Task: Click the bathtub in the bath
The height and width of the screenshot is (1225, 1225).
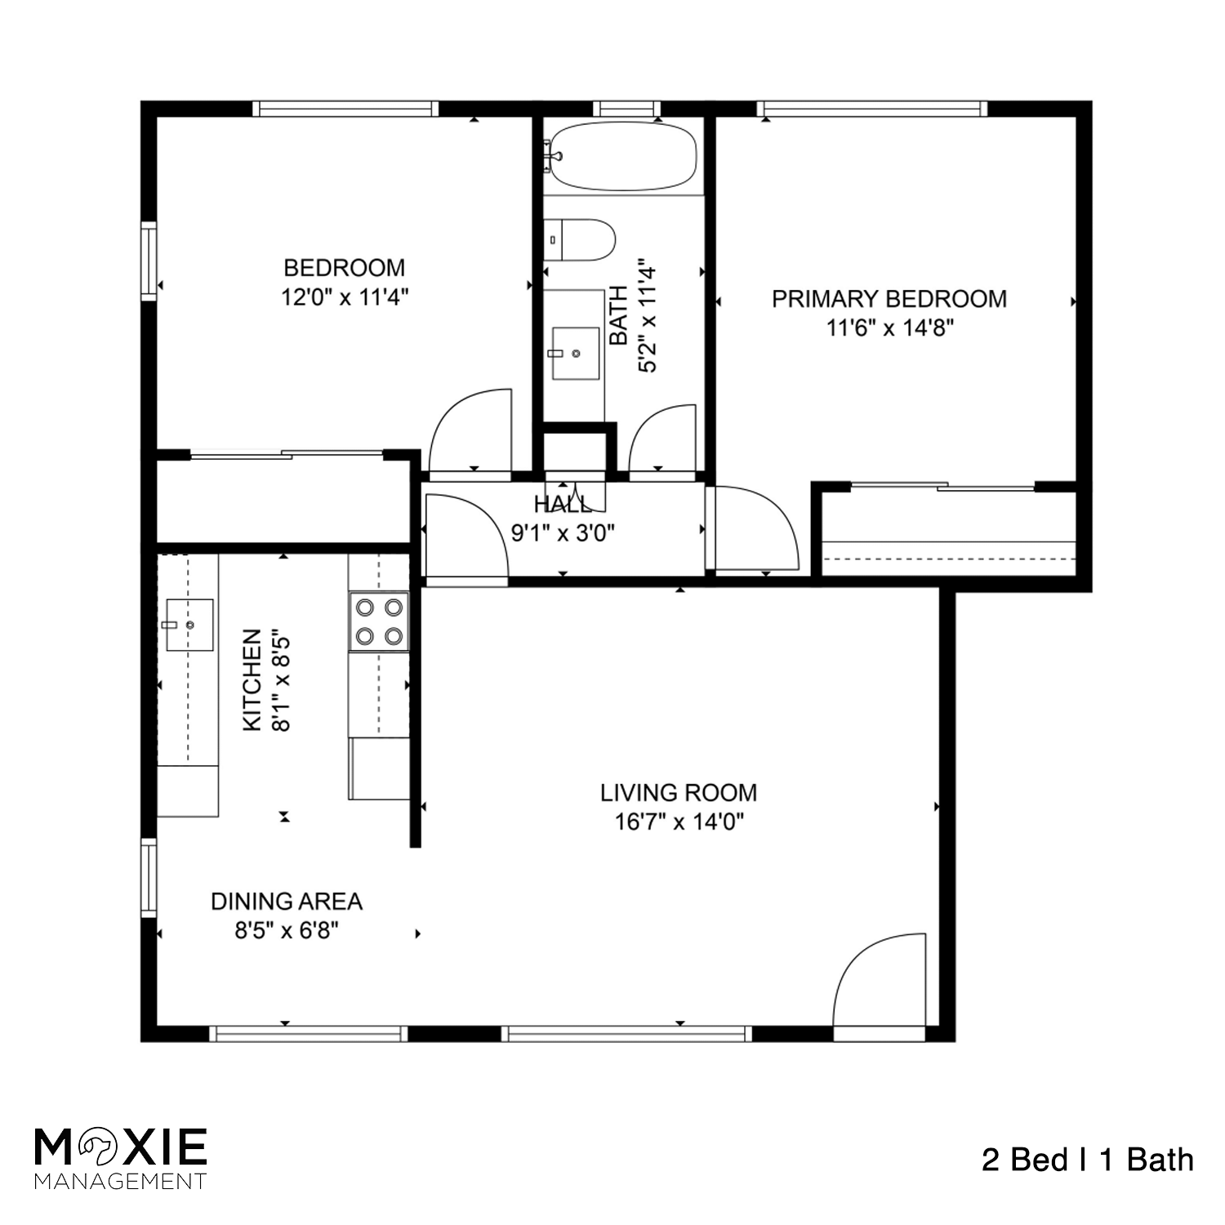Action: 623,156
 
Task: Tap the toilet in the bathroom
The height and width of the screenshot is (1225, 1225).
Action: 579,239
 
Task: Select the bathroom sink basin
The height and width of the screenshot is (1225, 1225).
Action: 576,354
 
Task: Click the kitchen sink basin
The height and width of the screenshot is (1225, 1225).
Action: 189,625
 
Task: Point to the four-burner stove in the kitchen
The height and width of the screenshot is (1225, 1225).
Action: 379,621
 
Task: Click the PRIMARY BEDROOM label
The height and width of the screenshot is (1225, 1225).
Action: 889,299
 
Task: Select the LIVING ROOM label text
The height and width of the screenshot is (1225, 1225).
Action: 679,793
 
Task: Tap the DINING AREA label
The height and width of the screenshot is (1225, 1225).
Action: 287,902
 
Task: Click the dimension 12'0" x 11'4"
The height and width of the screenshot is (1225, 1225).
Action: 345,297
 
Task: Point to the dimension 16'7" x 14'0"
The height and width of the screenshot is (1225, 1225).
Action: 679,822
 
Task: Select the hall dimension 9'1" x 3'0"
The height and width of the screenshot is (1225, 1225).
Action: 563,533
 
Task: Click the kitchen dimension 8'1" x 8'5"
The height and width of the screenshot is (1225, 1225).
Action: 280,679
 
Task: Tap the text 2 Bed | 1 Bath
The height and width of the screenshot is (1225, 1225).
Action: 1087,1160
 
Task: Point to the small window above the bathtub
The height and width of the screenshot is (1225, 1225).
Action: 626,109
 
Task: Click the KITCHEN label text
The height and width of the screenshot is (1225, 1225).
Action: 252,679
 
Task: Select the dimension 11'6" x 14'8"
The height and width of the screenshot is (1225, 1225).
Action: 889,328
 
